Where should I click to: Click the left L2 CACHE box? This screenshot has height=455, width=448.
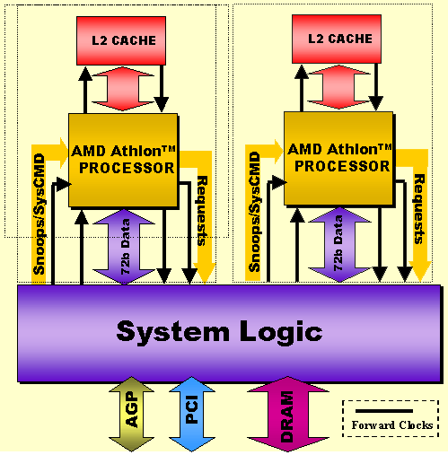point(121,40)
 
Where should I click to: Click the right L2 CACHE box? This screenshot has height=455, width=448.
point(337,39)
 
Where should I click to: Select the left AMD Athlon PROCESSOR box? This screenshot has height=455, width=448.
point(123,160)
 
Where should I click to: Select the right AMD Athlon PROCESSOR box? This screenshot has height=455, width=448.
point(338,158)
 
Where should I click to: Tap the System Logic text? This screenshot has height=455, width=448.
point(219,331)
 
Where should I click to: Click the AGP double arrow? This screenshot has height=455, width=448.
point(132,414)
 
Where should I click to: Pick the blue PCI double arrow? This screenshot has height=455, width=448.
point(192,414)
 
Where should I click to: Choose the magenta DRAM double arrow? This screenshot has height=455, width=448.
point(288,414)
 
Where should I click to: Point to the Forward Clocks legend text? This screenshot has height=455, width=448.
point(392,425)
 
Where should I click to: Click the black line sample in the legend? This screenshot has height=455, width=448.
point(384,411)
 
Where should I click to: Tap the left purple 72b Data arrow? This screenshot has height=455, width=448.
point(124,246)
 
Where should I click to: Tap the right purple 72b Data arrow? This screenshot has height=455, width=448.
point(339,245)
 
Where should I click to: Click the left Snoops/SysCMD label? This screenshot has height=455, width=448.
point(40,214)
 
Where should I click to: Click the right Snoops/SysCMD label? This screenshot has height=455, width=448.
point(255,212)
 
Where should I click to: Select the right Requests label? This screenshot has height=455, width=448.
point(419,209)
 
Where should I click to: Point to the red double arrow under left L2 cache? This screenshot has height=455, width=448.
point(123,89)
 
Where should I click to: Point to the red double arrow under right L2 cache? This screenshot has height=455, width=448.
point(338,87)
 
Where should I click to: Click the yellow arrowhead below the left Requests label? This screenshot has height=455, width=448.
point(205,273)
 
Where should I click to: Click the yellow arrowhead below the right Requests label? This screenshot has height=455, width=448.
point(420,271)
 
